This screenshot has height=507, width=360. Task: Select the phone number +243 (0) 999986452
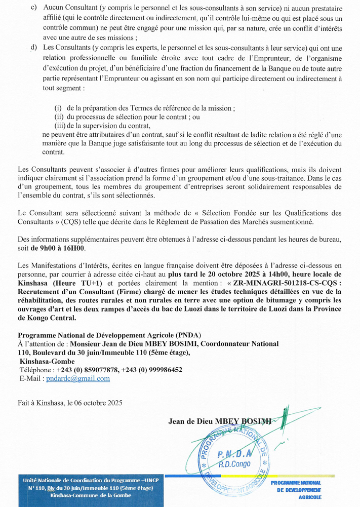click(152, 370)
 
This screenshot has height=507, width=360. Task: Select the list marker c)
click(34, 9)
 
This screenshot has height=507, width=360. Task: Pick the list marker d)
click(34, 47)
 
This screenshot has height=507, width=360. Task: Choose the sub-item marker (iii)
click(59, 125)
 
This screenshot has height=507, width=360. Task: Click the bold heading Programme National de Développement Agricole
click(109, 335)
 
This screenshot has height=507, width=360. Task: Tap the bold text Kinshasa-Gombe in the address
click(47, 361)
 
